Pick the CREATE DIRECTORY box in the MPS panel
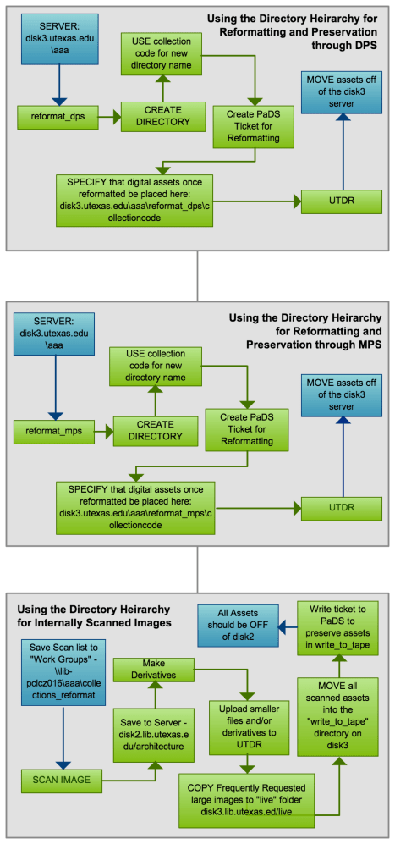(154, 430)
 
